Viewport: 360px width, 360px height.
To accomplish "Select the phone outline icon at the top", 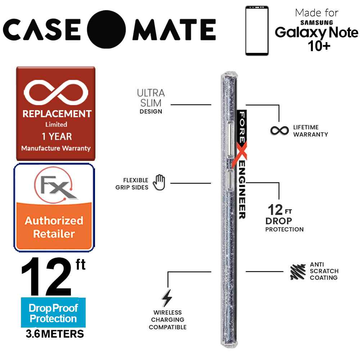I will [257, 31].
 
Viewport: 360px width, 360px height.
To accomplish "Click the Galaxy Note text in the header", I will [316, 33].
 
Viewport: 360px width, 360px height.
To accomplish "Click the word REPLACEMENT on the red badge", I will [57, 114].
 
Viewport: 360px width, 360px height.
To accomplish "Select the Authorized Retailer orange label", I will [54, 227].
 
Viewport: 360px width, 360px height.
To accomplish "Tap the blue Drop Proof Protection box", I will [53, 313].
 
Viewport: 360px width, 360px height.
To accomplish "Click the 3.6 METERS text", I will [55, 334].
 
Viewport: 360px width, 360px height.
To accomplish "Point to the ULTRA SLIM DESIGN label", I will [151, 101].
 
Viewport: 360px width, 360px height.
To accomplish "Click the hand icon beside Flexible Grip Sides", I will [159, 183].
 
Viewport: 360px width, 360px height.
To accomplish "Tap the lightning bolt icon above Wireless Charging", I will [166, 298].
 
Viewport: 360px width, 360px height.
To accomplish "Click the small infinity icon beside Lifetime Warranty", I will [279, 130].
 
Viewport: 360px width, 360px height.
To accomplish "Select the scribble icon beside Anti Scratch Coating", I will [298, 272].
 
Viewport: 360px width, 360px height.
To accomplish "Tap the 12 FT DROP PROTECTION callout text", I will [284, 218].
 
